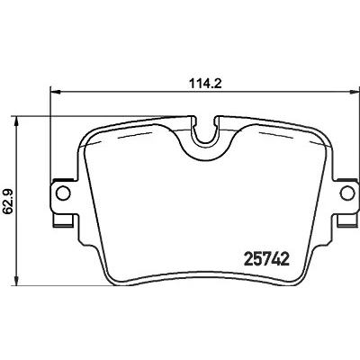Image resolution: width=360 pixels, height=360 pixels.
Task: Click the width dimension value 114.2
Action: [x=205, y=83]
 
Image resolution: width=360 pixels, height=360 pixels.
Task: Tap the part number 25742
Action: [x=267, y=259]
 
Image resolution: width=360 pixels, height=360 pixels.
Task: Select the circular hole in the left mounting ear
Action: [x=63, y=193]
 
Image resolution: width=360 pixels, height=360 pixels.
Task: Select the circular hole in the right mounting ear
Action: [x=348, y=193]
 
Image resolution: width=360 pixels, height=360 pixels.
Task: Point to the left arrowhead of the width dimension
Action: [x=56, y=93]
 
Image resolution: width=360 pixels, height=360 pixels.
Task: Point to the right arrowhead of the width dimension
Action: [x=354, y=93]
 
